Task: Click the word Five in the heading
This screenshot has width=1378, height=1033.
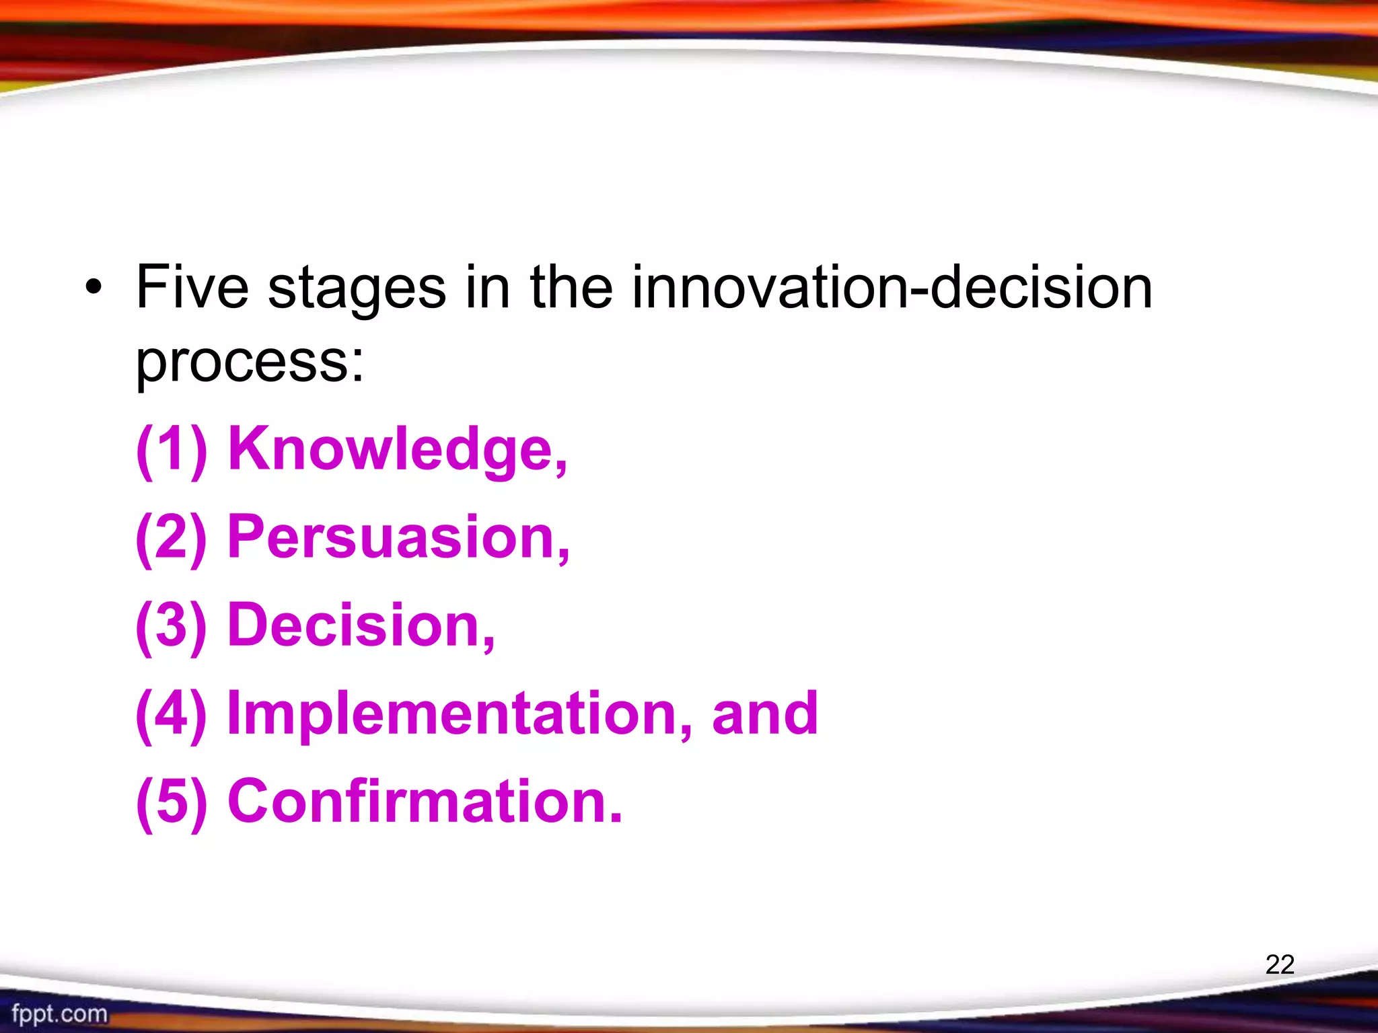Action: pos(192,288)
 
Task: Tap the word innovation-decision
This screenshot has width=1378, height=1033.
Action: pos(892,288)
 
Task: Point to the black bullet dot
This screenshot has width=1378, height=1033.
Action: pos(94,289)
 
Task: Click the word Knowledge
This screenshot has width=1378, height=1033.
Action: pos(397,449)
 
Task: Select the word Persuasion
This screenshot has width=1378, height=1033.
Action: pos(398,537)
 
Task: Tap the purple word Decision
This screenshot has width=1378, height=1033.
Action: pos(361,625)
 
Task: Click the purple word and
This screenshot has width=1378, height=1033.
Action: pos(765,714)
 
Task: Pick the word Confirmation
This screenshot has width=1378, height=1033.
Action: pos(425,802)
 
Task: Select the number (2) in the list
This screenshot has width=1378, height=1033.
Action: pos(172,537)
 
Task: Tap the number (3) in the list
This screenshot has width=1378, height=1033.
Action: pos(172,625)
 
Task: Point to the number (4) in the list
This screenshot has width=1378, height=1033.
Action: pos(172,714)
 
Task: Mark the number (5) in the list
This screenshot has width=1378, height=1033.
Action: pos(172,802)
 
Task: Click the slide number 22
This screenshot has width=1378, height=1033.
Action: pos(1280,964)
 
